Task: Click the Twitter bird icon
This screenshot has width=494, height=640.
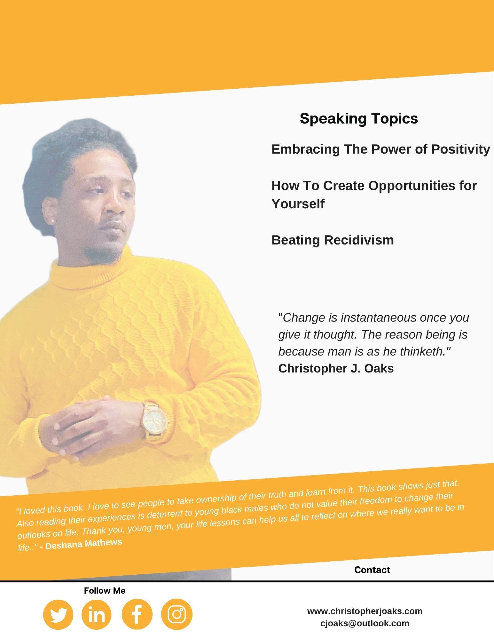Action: coord(58,615)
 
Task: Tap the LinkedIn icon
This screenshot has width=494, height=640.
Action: coord(97,615)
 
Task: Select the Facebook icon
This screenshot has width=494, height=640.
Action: coord(137,615)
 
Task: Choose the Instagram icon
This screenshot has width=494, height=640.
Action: coord(177,615)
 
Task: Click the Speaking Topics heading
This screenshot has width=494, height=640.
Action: coord(359,119)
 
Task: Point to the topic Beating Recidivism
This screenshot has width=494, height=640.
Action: coord(333,240)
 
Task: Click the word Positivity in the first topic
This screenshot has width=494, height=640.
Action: coord(461,149)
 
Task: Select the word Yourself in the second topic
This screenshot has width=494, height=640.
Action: coord(298,204)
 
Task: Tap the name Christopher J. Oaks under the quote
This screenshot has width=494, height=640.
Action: coord(336,368)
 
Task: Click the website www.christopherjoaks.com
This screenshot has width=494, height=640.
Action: coord(365,611)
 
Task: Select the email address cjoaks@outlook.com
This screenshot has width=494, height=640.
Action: coord(365,623)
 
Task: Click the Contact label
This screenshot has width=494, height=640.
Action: coord(372,570)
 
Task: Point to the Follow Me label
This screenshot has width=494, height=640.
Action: coord(105,591)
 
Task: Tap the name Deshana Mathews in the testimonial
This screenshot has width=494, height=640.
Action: coord(84,544)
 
